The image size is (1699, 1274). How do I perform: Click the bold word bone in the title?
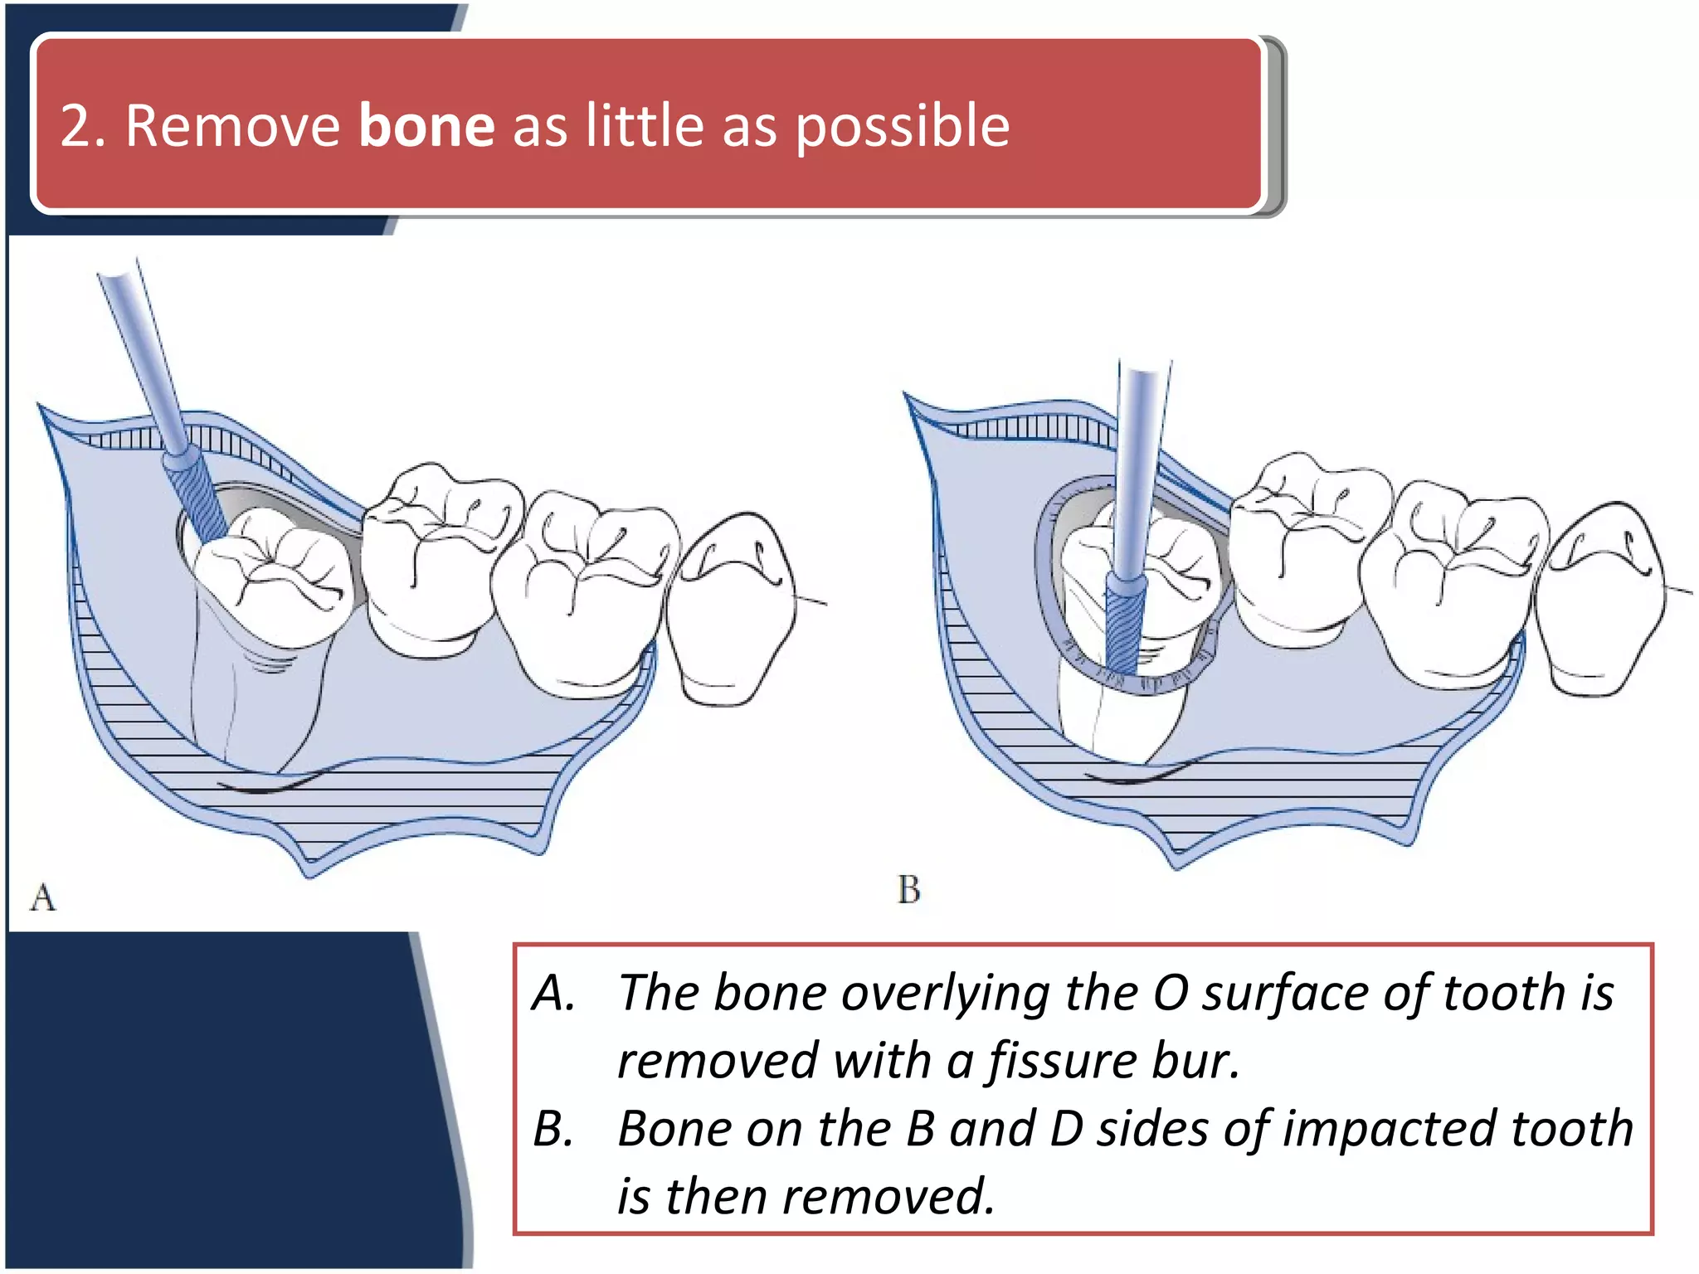pyautogui.click(x=426, y=126)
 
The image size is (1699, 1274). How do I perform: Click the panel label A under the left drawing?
pyautogui.click(x=43, y=898)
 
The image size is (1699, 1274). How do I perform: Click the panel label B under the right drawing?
pyautogui.click(x=908, y=890)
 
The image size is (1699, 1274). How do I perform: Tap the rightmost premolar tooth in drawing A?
pyautogui.click(x=734, y=610)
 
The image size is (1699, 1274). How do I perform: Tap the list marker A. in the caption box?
pyautogui.click(x=554, y=993)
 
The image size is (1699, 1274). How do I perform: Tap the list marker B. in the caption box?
pyautogui.click(x=554, y=1129)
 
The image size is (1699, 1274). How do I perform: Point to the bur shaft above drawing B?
pyautogui.click(x=1138, y=464)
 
